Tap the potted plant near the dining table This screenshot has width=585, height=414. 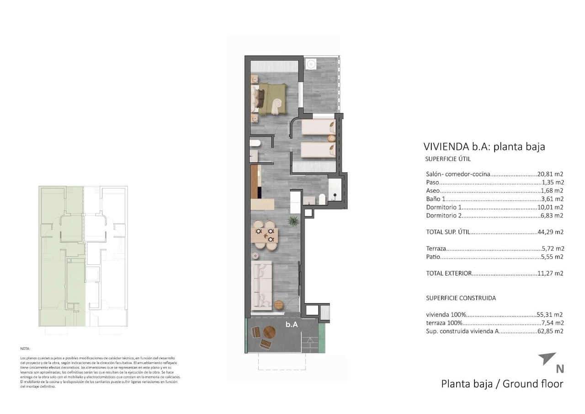click(x=293, y=222)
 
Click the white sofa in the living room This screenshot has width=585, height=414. click(x=262, y=284)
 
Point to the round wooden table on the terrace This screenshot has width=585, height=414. click(x=269, y=333)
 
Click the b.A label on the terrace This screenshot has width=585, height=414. click(x=292, y=325)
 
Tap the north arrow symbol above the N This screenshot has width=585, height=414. click(x=547, y=358)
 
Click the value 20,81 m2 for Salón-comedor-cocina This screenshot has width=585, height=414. click(x=552, y=174)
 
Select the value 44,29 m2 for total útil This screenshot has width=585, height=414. click(x=552, y=232)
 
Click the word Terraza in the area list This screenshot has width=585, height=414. click(x=436, y=249)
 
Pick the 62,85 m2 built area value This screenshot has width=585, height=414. click(x=550, y=331)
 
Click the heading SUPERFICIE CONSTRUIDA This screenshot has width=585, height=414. click(x=461, y=298)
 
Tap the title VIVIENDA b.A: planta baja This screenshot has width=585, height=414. click(x=484, y=147)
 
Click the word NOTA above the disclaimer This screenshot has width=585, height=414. click(x=25, y=349)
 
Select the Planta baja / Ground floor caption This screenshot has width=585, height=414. click(x=502, y=383)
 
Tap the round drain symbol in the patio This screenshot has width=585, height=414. click(x=310, y=64)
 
